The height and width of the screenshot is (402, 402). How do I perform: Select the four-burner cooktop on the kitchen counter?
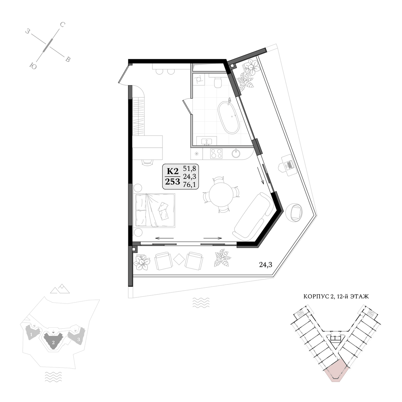(x=216, y=153)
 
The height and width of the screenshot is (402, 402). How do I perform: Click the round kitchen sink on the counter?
(x=236, y=153)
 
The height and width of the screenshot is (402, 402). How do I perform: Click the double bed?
(x=155, y=210)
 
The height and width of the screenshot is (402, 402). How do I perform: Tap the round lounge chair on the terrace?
(x=294, y=213)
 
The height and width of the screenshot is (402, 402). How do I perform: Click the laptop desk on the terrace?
(x=289, y=165)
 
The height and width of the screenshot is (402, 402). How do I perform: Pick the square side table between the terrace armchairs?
(x=179, y=259)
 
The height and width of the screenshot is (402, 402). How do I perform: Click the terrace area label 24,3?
(x=266, y=265)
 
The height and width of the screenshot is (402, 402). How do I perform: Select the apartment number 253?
(x=173, y=182)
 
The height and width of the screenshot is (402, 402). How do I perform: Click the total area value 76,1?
(x=189, y=185)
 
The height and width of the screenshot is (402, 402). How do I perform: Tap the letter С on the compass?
(x=62, y=25)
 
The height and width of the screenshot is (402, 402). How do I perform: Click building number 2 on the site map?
(x=53, y=342)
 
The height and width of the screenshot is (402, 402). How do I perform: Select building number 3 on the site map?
(x=79, y=339)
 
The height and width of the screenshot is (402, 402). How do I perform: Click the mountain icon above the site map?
(x=60, y=289)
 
